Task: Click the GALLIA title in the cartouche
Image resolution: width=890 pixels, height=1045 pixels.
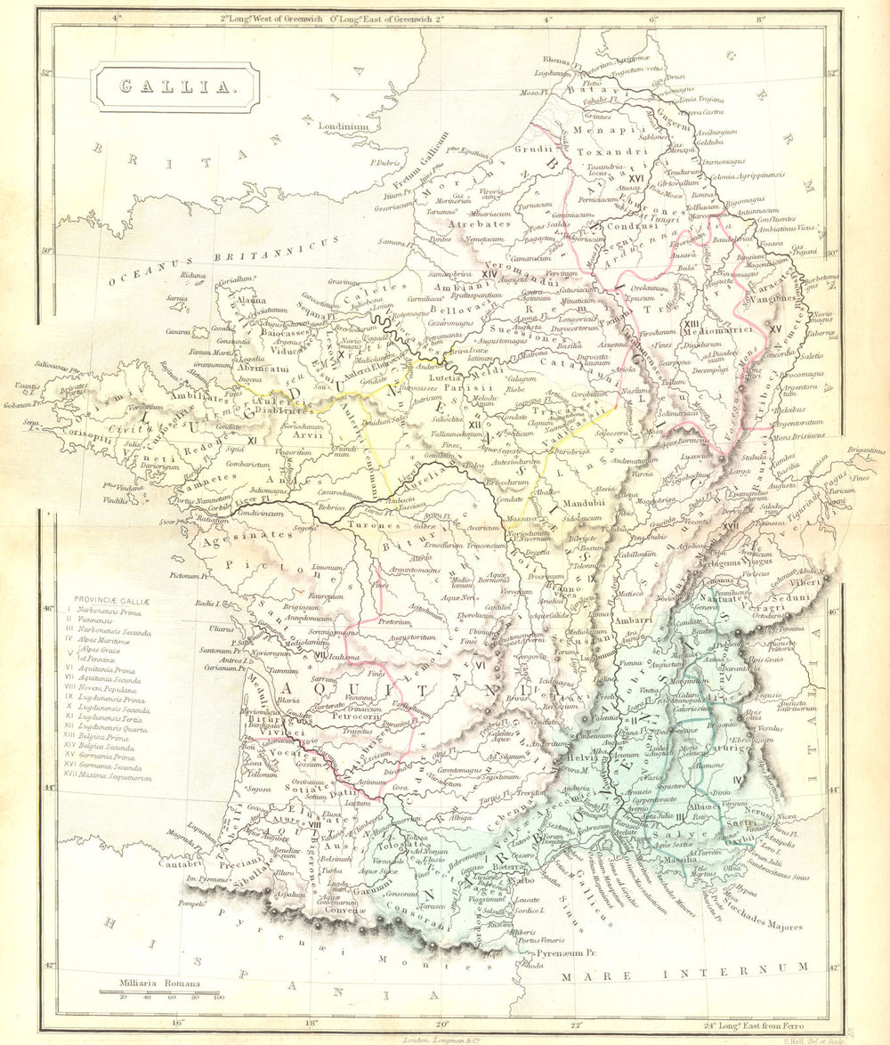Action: pyautogui.click(x=174, y=86)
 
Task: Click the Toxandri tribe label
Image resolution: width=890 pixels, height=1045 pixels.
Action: pyautogui.click(x=603, y=152)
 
